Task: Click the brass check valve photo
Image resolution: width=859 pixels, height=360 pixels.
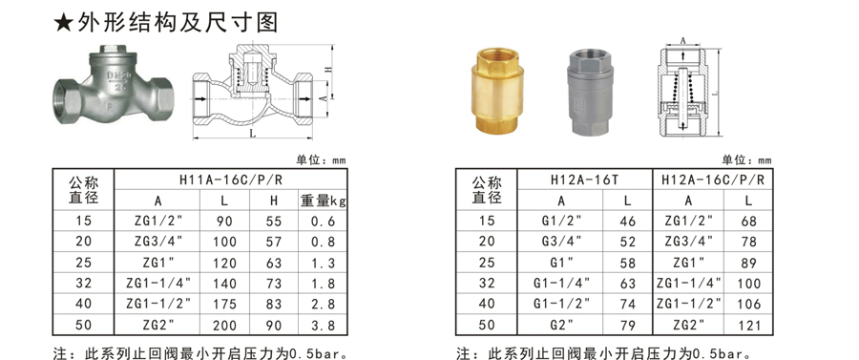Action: pos(498,91)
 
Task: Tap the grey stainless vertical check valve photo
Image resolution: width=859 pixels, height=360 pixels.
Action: pos(590,91)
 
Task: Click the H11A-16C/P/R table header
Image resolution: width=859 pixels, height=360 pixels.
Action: pos(231,180)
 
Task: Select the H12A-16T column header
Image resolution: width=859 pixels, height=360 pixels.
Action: pos(584,180)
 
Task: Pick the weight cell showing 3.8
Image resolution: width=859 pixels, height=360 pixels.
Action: pos(323,325)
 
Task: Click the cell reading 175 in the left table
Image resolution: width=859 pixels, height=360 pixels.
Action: pos(224,304)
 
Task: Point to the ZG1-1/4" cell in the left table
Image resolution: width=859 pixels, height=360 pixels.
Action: pos(158,284)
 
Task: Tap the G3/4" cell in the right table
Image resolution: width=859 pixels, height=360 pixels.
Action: pos(560,242)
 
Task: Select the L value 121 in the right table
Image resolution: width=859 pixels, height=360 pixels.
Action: pos(749,325)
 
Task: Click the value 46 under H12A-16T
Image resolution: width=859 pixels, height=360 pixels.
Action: pos(628,221)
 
